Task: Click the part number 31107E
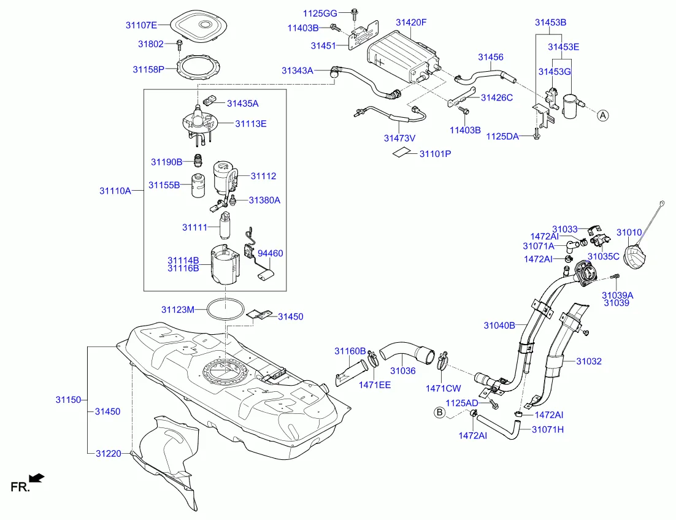[x=141, y=25]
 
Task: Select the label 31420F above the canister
[x=411, y=23]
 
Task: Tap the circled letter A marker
[x=602, y=115]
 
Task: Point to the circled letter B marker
[x=439, y=412]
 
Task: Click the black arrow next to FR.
[x=37, y=477]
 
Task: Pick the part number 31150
[x=68, y=399]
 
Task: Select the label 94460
[x=271, y=253]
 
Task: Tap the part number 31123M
[x=178, y=310]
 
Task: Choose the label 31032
[x=589, y=361]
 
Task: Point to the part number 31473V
[x=400, y=138]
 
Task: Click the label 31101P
[x=435, y=153]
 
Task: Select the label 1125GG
[x=320, y=13]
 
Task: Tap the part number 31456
[x=491, y=57]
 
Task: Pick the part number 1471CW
[x=443, y=388]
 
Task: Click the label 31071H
[x=547, y=429]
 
